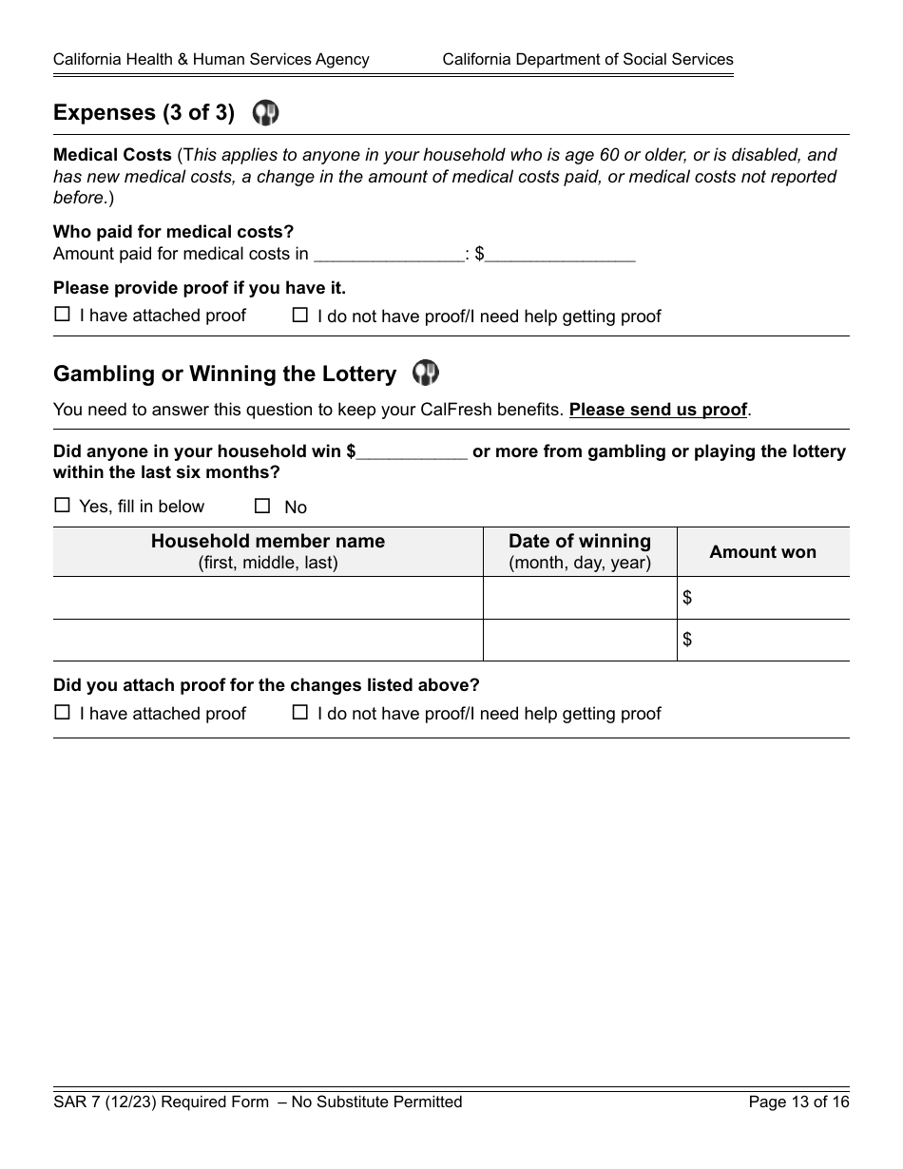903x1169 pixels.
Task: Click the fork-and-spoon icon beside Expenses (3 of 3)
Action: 265,113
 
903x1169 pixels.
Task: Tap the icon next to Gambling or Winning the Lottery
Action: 426,373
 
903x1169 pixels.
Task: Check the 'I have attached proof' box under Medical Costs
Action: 63,315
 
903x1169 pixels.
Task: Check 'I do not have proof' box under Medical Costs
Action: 300,315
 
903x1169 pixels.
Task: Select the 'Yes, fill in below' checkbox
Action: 63,506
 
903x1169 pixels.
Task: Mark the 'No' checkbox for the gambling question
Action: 262,506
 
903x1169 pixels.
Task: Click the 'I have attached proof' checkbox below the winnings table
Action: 63,712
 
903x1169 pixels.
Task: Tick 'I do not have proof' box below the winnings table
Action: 300,712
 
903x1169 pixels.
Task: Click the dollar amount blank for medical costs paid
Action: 560,254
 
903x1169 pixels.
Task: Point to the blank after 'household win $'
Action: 412,451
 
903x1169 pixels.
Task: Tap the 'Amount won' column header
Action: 762,552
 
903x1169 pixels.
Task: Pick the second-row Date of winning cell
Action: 580,640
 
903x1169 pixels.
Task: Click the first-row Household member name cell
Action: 268,598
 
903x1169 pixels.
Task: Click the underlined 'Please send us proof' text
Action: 658,410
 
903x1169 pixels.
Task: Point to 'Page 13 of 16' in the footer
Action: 798,1102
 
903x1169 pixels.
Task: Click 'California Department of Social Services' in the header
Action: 587,59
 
